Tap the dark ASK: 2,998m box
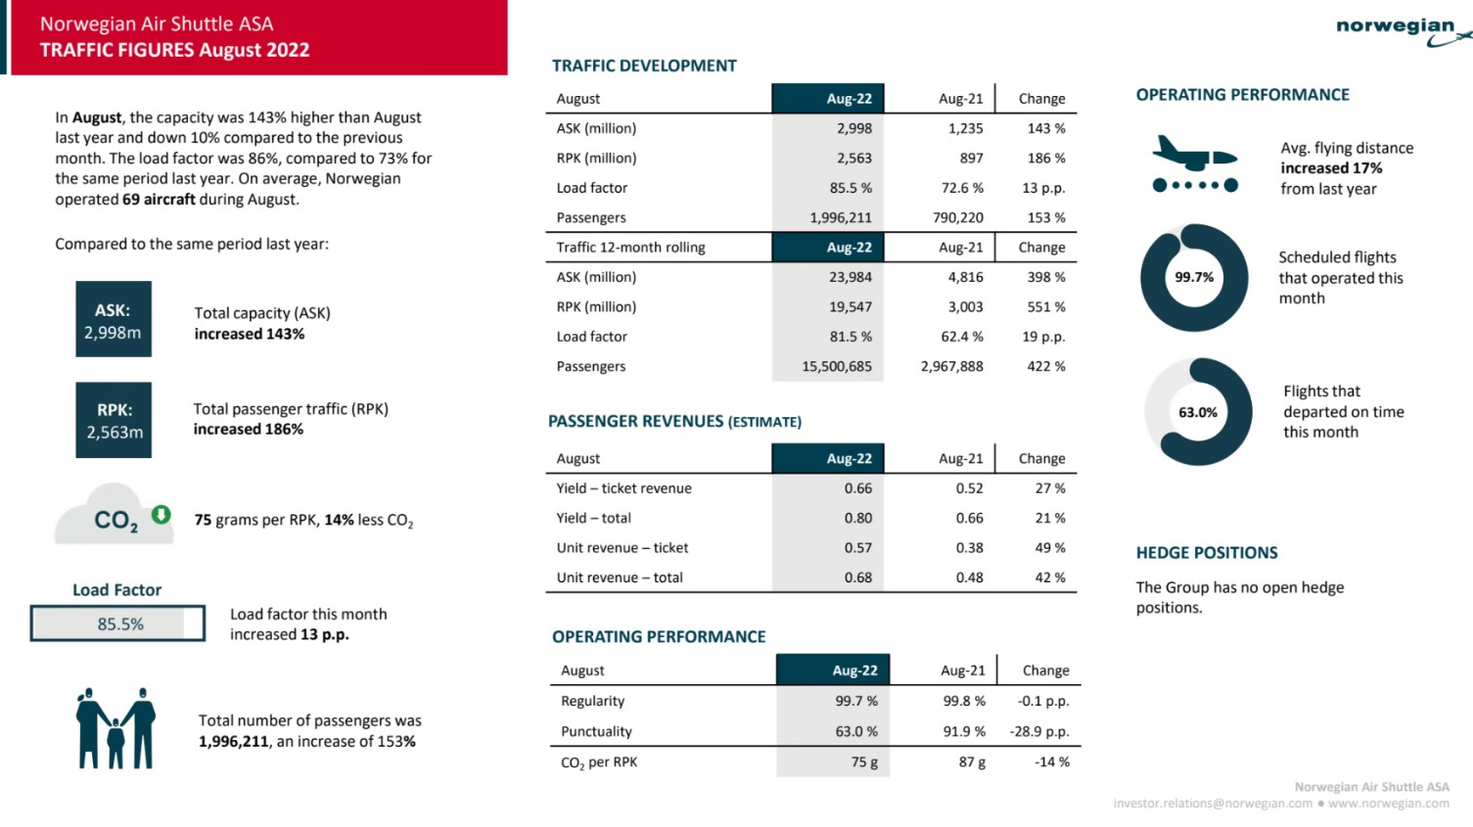click(x=114, y=319)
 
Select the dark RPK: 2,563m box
click(x=114, y=420)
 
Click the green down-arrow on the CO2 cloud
click(x=161, y=514)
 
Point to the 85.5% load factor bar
click(x=117, y=623)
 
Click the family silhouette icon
click(x=115, y=728)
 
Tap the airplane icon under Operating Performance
click(x=1195, y=163)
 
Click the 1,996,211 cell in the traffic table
click(x=841, y=217)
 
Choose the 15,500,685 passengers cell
click(x=837, y=366)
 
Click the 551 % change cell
click(x=1046, y=307)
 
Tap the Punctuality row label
click(x=596, y=731)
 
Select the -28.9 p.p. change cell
click(x=1039, y=731)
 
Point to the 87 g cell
click(x=972, y=762)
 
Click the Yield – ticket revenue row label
click(x=624, y=488)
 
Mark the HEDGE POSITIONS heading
click(x=1207, y=553)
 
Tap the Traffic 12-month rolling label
click(x=630, y=248)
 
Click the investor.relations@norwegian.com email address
click(x=1213, y=804)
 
